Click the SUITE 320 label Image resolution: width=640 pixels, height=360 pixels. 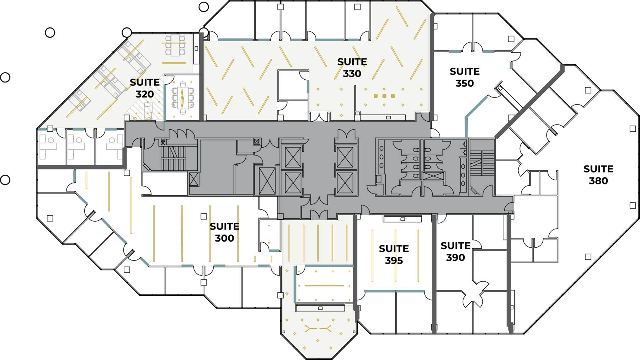pyautogui.click(x=144, y=88)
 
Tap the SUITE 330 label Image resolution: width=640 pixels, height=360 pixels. pyautogui.click(x=352, y=68)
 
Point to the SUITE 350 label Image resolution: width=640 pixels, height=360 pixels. pyautogui.click(x=464, y=77)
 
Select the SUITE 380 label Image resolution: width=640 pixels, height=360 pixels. pyautogui.click(x=598, y=175)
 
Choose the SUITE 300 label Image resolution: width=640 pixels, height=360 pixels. pyautogui.click(x=224, y=232)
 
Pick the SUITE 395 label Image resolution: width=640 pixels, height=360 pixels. pyautogui.click(x=394, y=254)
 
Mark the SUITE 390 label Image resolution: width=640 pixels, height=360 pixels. pyautogui.click(x=455, y=252)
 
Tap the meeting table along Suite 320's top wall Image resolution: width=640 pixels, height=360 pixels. pyautogui.click(x=175, y=45)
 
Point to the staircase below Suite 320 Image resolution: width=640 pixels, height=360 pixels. pyautogui.click(x=174, y=158)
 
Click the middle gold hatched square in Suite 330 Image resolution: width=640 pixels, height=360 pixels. pyautogui.click(x=384, y=96)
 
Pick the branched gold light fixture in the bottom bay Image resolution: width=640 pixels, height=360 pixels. pyautogui.click(x=318, y=329)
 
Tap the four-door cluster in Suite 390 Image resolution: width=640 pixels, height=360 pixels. pyautogui.click(x=473, y=294)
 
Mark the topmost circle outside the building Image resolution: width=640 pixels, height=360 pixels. pyautogui.click(x=204, y=7)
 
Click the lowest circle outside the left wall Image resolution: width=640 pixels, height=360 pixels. pyautogui.click(x=5, y=180)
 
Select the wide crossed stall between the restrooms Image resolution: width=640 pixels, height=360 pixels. pyautogui.click(x=433, y=176)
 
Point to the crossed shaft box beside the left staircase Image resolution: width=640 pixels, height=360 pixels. pyautogui.click(x=194, y=179)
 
